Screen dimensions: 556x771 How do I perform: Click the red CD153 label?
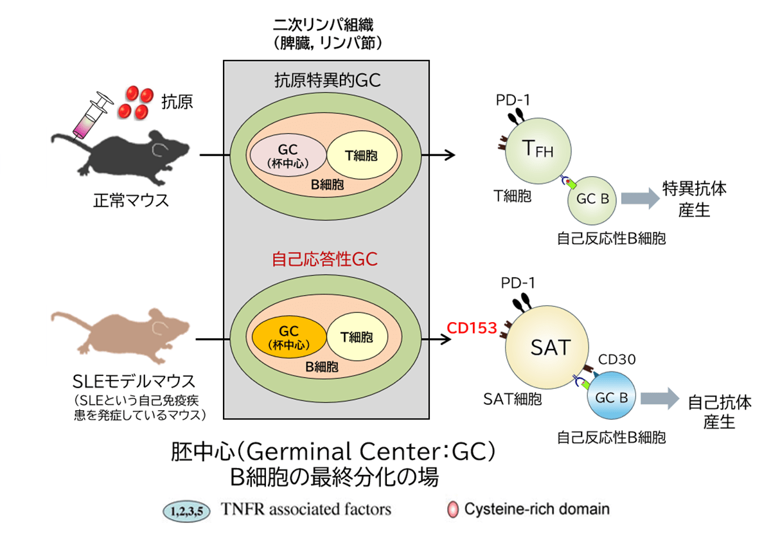[472, 328]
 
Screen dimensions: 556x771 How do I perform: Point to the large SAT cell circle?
[550, 348]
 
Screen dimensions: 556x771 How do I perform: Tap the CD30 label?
[617, 359]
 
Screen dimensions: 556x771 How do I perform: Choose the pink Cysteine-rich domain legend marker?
[453, 510]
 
